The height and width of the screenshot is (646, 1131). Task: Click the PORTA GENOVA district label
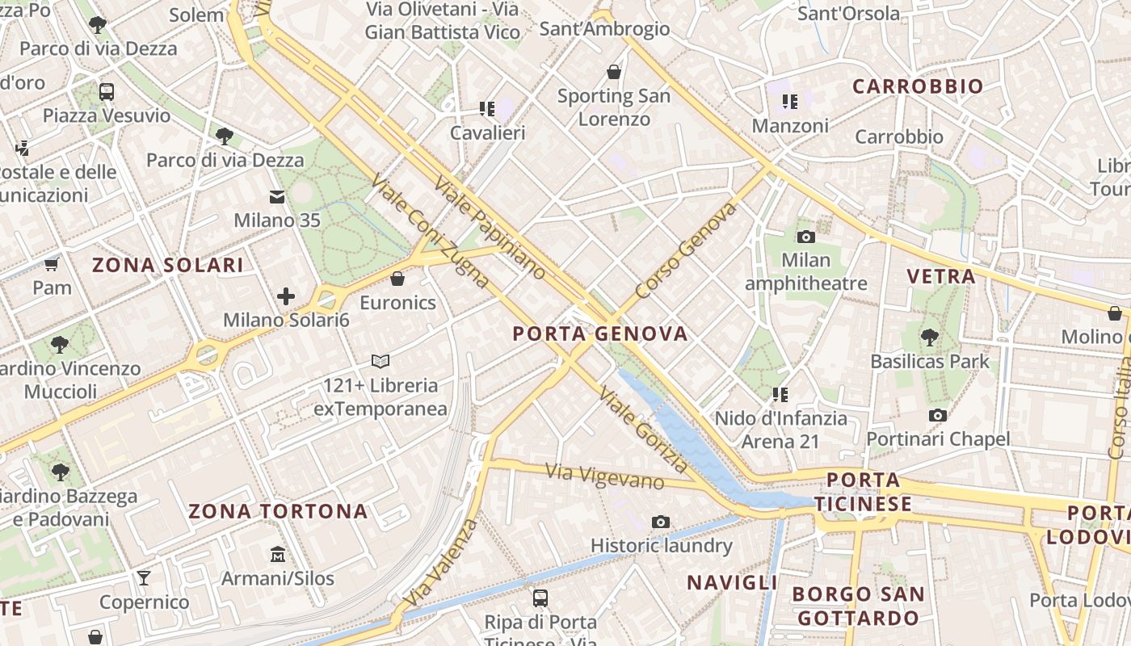click(600, 333)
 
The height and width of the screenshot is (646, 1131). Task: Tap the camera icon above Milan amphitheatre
click(805, 237)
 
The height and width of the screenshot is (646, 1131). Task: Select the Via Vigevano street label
click(604, 476)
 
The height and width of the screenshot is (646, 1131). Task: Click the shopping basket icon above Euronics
click(397, 279)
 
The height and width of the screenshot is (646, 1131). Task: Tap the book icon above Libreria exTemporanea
click(380, 361)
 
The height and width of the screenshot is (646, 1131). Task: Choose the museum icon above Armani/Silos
click(278, 554)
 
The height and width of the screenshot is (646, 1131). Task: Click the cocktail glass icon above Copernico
click(144, 577)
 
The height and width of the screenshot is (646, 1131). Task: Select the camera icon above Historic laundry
click(661, 522)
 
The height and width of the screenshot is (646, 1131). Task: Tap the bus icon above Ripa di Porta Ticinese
click(540, 598)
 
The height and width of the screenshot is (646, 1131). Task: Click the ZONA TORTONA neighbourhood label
click(278, 511)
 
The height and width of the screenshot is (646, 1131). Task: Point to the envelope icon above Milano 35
click(277, 196)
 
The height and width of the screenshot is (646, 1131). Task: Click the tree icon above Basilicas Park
click(930, 337)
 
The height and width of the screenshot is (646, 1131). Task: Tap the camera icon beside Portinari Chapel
click(938, 415)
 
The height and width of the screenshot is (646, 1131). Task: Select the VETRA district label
click(941, 276)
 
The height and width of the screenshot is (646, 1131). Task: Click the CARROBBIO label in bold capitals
click(918, 86)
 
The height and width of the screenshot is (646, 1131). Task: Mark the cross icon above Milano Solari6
click(286, 296)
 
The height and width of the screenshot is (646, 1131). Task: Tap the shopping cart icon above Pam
click(52, 264)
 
